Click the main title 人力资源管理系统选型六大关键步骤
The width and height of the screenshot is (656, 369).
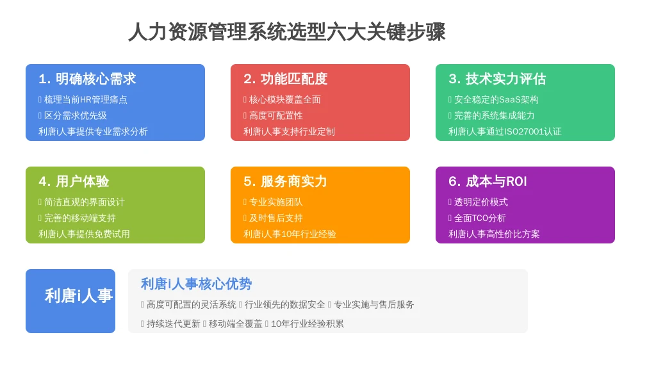click(x=287, y=32)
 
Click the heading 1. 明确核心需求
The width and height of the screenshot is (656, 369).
click(x=87, y=79)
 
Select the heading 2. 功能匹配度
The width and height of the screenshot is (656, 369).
click(x=285, y=79)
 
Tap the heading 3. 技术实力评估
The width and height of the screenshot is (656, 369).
click(x=497, y=79)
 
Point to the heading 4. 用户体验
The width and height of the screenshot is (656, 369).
click(x=74, y=181)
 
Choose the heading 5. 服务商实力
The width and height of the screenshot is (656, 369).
click(x=285, y=181)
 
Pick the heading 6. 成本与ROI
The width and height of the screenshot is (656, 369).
click(x=488, y=181)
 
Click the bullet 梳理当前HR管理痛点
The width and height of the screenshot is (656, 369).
click(x=85, y=99)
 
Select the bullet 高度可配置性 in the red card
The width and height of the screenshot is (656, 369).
click(x=275, y=115)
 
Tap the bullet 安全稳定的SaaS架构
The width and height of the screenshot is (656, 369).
click(x=496, y=99)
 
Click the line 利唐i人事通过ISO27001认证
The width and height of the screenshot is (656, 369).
click(x=505, y=131)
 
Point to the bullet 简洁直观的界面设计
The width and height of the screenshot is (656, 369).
click(x=84, y=202)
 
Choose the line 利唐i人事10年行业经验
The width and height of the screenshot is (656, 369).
click(x=290, y=234)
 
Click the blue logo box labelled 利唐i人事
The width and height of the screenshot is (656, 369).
click(x=70, y=301)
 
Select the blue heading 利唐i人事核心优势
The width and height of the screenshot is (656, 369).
click(x=196, y=284)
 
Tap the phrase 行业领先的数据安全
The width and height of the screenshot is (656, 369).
click(x=284, y=304)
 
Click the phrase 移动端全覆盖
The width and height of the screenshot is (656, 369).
click(x=235, y=324)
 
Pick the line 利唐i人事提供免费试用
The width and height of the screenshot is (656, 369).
click(x=84, y=234)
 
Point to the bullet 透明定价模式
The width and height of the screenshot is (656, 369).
click(x=480, y=202)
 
